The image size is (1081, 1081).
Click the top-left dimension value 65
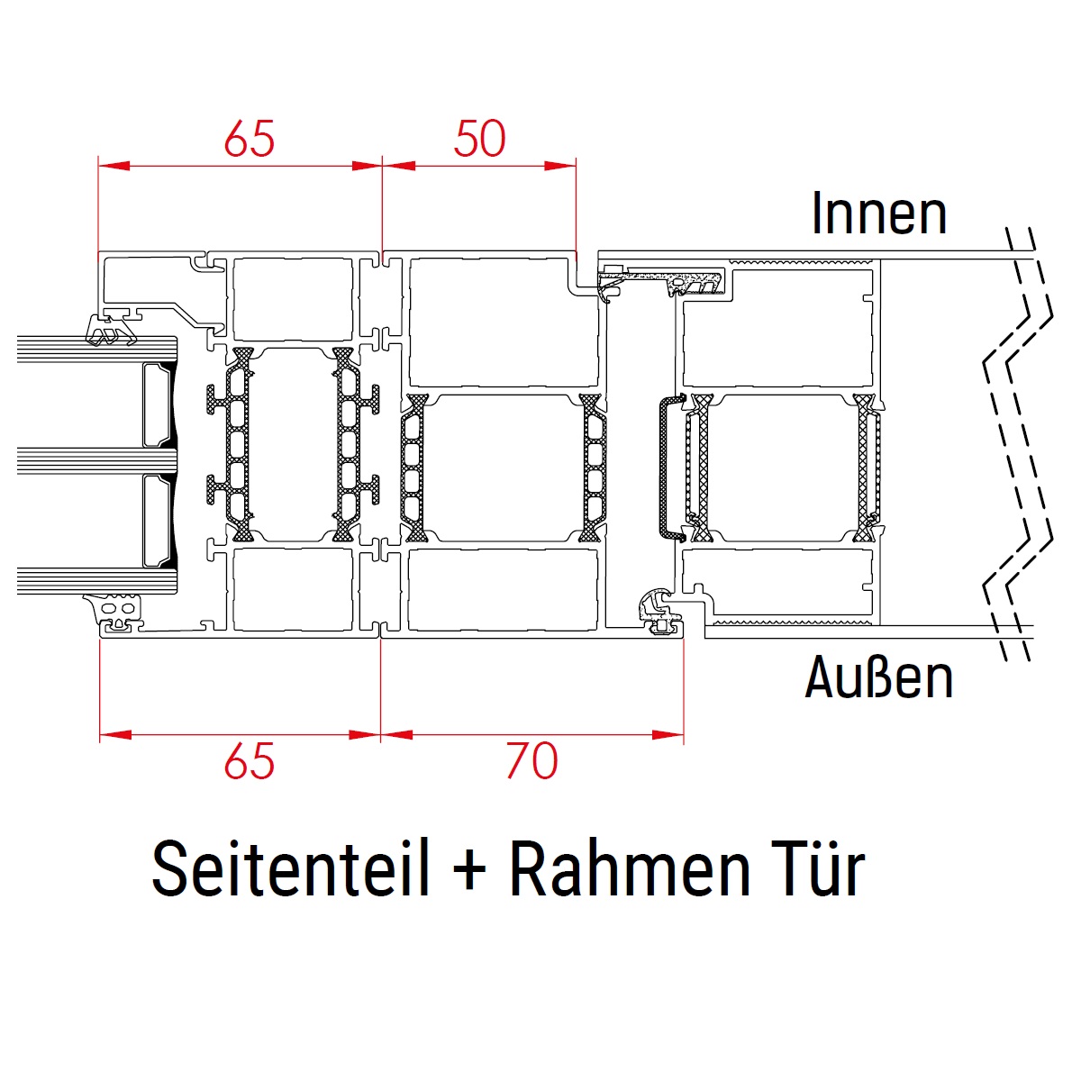click(x=250, y=138)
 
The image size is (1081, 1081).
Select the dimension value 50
click(x=479, y=138)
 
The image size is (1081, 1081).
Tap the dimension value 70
click(x=532, y=760)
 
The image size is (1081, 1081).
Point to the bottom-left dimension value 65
click(x=250, y=760)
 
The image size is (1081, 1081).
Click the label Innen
click(x=879, y=213)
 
